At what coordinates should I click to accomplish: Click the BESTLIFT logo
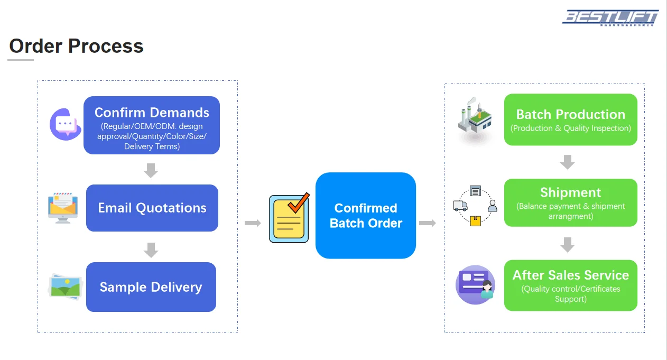610,17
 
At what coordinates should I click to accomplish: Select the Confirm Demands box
152,125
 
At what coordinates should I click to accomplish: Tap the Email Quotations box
152,208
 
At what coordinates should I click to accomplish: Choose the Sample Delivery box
151,287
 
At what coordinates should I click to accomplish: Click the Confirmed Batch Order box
366,216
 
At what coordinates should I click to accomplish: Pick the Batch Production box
571,119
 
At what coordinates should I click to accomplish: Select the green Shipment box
571,203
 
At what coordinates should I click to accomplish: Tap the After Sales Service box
571,285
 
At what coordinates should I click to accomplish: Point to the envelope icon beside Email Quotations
62,207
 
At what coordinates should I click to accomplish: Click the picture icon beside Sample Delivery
66,287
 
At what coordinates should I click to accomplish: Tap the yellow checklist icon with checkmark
289,218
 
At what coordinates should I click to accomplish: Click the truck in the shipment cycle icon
460,205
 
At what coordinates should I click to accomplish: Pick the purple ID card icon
475,284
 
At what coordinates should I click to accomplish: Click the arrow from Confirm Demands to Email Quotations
151,170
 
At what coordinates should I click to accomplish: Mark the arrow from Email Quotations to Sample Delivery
151,250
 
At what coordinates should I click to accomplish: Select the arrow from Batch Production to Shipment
567,162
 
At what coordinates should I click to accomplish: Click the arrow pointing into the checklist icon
253,223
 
